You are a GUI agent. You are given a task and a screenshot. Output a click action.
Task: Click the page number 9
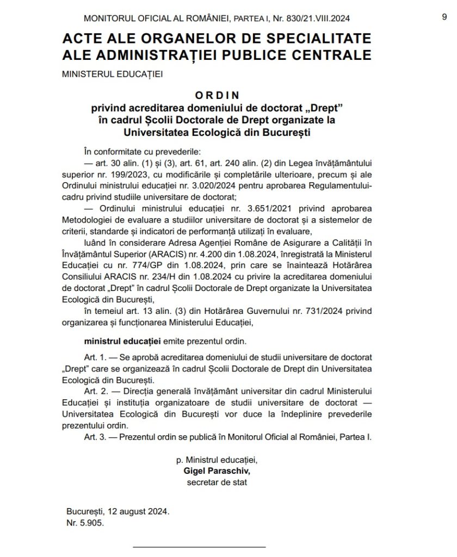click(x=444, y=17)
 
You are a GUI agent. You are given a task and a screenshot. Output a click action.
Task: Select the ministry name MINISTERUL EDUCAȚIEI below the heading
click(x=113, y=72)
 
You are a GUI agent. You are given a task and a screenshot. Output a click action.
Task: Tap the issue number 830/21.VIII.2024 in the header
click(x=312, y=18)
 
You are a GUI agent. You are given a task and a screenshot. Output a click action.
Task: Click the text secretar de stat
click(x=217, y=482)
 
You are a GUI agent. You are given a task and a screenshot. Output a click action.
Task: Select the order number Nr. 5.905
click(x=84, y=523)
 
